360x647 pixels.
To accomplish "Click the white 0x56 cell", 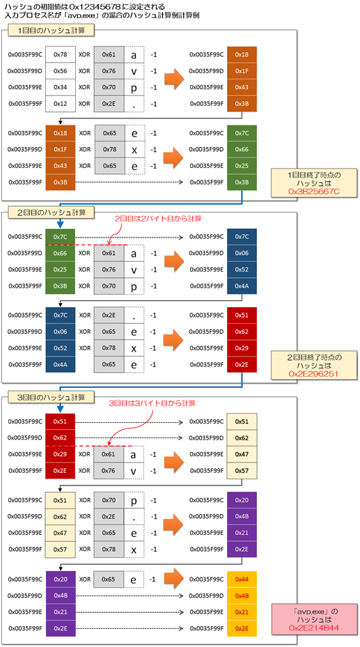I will (x=60, y=70).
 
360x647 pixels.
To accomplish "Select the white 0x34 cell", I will (x=60, y=87).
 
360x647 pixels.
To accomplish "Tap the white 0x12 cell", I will (x=60, y=104).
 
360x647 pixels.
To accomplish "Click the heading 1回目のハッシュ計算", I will (x=53, y=32).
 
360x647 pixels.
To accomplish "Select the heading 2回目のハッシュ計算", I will (x=53, y=213).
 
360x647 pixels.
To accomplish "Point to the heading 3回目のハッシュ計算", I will (x=53, y=398).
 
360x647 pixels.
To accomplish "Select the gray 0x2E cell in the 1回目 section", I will (x=109, y=104).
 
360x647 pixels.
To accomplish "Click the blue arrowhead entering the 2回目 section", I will (x=60, y=225).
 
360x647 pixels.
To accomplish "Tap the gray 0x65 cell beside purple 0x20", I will (x=109, y=579).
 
